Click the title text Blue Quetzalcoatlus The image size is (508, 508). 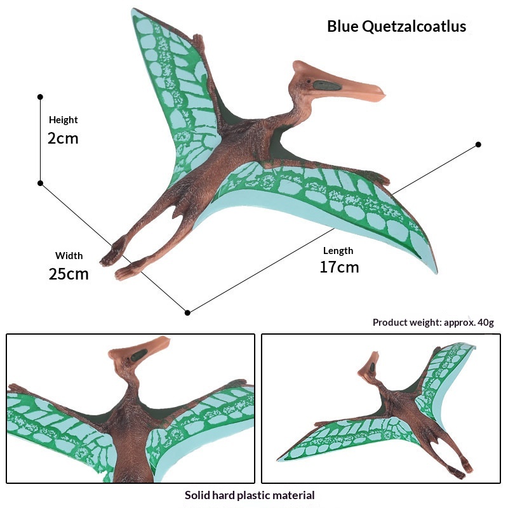pyautogui.click(x=396, y=27)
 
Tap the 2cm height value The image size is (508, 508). pyautogui.click(x=63, y=138)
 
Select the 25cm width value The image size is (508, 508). pyautogui.click(x=69, y=274)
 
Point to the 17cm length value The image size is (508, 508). pyautogui.click(x=339, y=267)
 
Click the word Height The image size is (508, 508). pyautogui.click(x=63, y=120)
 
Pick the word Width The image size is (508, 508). pyautogui.click(x=69, y=256)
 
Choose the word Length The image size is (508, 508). pyautogui.click(x=338, y=250)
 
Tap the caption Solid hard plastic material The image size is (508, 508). pyautogui.click(x=250, y=495)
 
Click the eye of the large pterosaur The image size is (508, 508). pyautogui.click(x=309, y=83)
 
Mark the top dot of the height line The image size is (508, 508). pyautogui.click(x=40, y=97)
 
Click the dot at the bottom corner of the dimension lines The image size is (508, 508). pyautogui.click(x=187, y=312)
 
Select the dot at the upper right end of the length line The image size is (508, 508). pyautogui.click(x=478, y=145)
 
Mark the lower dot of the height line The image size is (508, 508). pyautogui.click(x=40, y=183)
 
